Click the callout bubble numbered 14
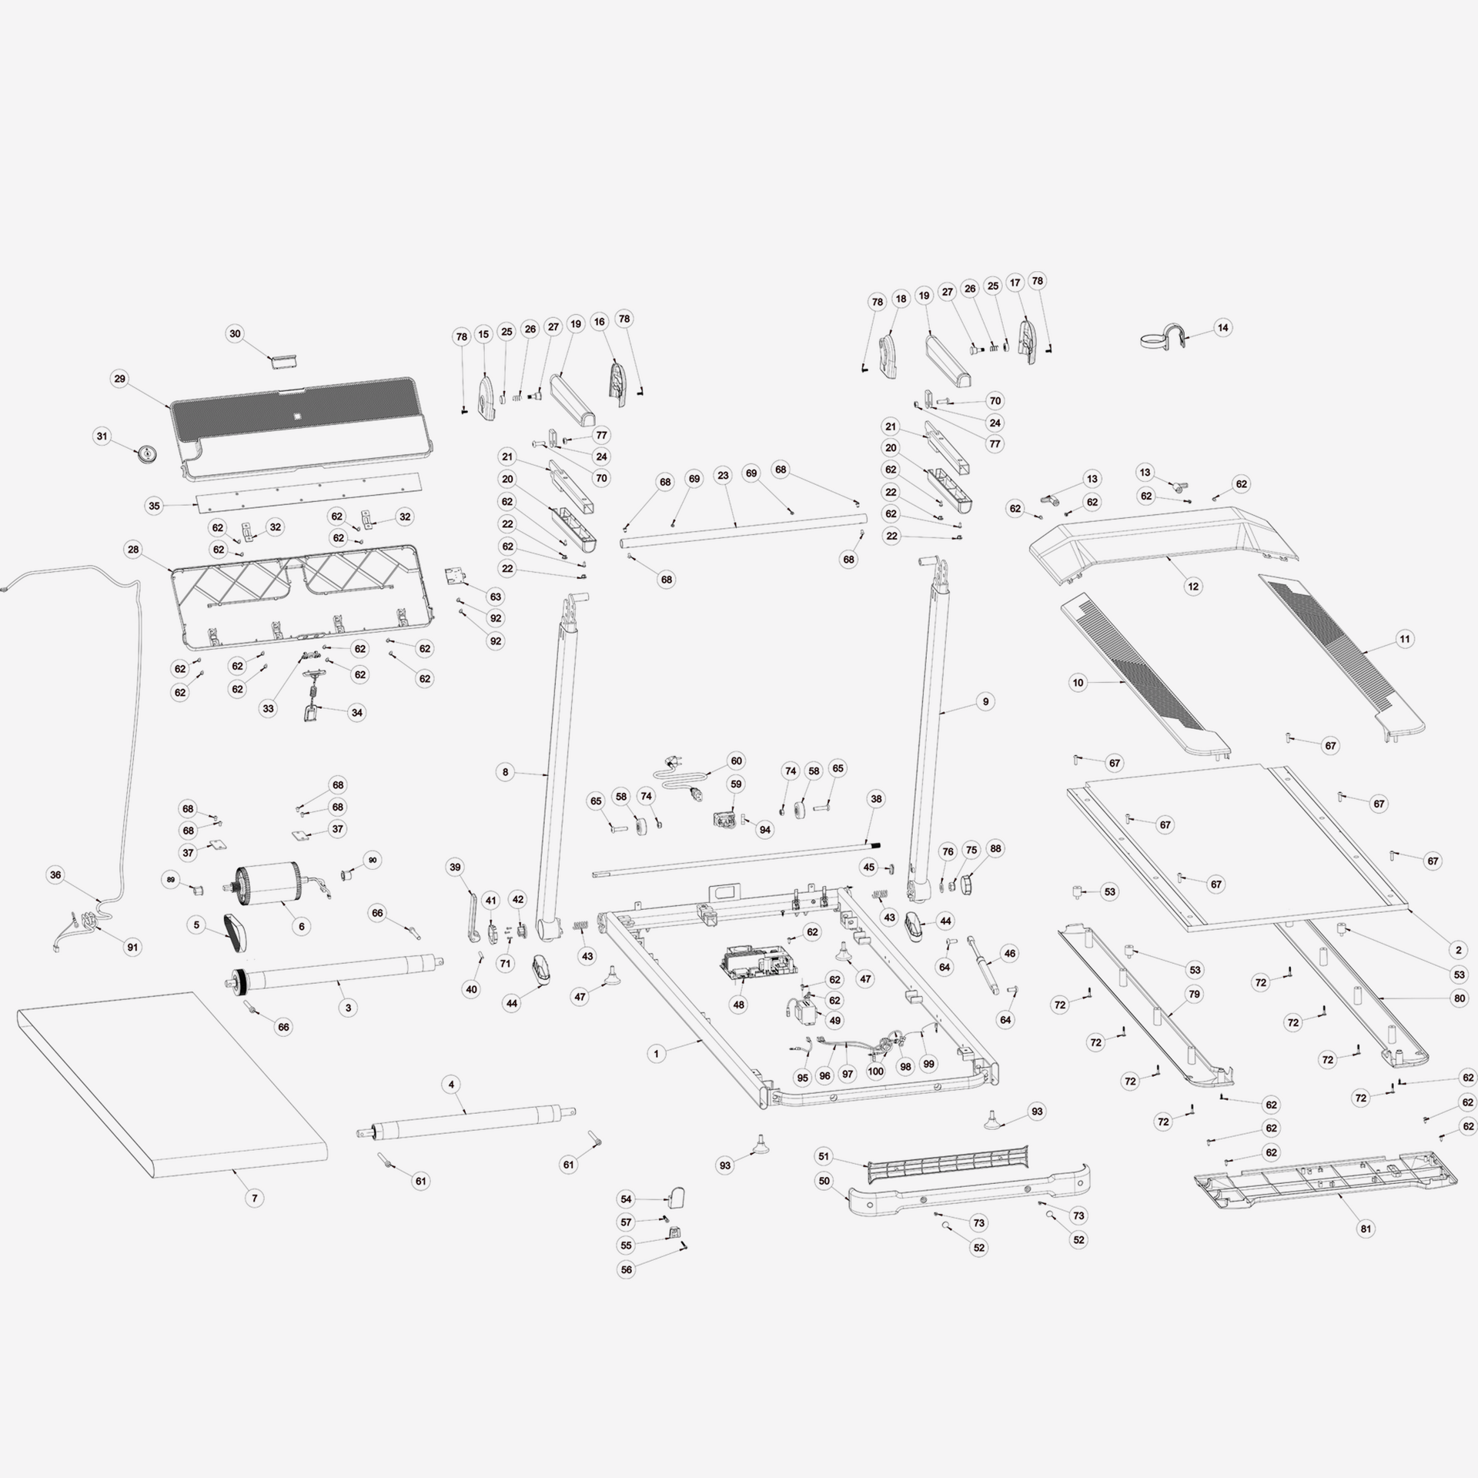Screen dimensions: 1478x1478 click(1222, 328)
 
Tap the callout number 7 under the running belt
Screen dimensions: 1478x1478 click(254, 1198)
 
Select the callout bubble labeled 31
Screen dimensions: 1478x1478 click(102, 436)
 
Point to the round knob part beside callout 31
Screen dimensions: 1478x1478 click(146, 454)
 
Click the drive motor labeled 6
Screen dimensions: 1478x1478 click(266, 884)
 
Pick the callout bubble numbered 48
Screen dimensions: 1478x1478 click(739, 1005)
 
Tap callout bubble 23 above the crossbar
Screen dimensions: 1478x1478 click(723, 476)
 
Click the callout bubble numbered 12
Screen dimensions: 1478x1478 click(1192, 587)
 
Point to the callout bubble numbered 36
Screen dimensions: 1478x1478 click(55, 874)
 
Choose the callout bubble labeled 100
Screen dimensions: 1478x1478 click(875, 1071)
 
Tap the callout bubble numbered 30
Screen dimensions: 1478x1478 click(236, 334)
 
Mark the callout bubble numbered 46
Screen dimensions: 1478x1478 click(1010, 954)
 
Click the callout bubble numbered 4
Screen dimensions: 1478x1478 click(452, 1085)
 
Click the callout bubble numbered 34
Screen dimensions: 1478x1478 click(356, 713)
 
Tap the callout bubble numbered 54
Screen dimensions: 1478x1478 click(626, 1199)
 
